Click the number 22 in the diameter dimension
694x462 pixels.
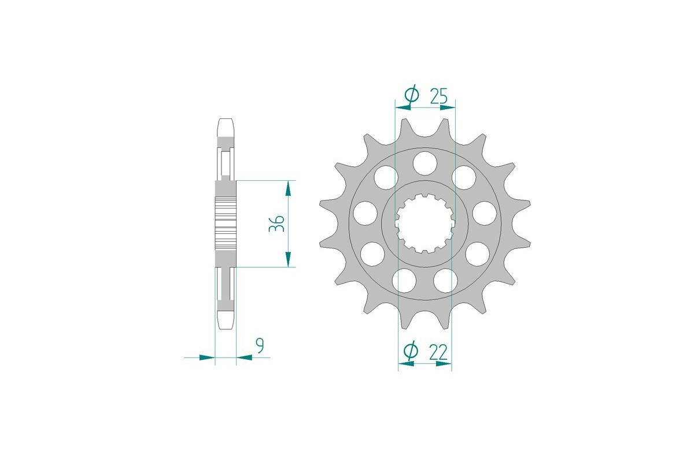(439, 351)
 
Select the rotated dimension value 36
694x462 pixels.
(276, 223)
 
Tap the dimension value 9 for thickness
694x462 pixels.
(260, 346)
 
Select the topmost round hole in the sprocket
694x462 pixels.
(424, 162)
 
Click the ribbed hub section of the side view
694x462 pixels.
(226, 223)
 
